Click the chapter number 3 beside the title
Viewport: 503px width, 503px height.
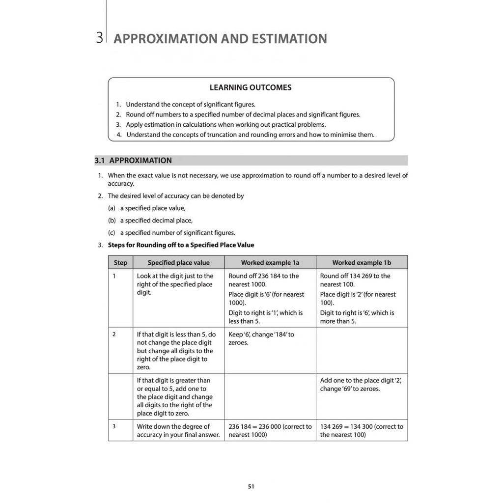coord(100,38)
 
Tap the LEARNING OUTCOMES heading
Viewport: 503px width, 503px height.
coord(251,87)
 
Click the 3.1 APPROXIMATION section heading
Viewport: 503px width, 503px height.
coord(133,161)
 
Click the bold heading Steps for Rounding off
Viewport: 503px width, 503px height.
coord(181,245)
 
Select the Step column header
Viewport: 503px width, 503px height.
coord(120,263)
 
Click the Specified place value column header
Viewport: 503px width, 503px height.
coord(178,263)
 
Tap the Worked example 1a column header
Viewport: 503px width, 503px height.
coord(270,263)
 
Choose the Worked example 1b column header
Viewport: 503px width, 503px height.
coord(362,263)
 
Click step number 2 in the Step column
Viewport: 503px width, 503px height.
coord(114,334)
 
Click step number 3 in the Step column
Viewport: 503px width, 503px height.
coord(114,426)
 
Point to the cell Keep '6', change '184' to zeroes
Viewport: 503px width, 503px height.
coord(261,338)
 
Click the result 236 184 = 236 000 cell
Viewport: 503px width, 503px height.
coord(270,430)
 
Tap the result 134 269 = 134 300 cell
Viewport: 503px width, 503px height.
coord(362,430)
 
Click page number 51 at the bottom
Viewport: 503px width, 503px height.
coord(251,487)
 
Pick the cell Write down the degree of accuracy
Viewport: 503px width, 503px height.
coord(178,430)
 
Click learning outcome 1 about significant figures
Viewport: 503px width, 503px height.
coord(190,105)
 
